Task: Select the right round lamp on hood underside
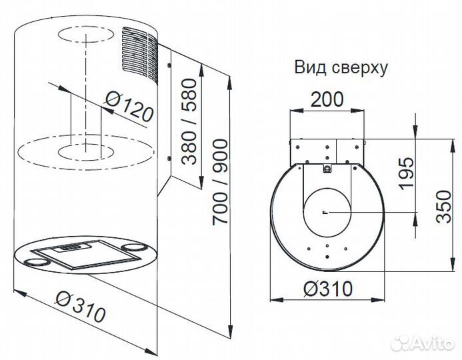pos(139,248)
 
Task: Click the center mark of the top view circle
pos(325,212)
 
